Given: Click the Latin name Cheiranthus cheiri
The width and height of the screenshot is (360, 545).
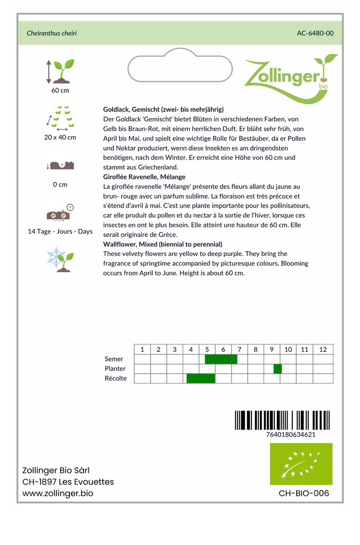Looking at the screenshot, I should tap(52, 33).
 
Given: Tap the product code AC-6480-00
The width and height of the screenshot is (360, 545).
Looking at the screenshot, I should tap(315, 33).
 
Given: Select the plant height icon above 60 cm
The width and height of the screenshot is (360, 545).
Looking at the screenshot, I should tap(60, 71).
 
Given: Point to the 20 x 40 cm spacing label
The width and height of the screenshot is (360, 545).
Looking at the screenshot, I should tap(60, 137).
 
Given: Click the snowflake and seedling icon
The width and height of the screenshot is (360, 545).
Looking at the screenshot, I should tap(60, 259).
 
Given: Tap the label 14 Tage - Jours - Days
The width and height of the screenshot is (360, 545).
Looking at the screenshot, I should tap(60, 232).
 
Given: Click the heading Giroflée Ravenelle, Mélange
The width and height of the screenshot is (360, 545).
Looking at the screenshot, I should tap(144, 177).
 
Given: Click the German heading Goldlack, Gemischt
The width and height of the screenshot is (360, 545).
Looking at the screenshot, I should tap(163, 109).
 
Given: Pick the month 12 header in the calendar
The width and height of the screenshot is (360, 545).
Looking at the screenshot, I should tap(323, 349).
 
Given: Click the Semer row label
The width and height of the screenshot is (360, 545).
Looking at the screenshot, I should tap(114, 359).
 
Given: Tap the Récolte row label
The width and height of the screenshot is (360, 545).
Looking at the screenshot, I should tap(116, 378).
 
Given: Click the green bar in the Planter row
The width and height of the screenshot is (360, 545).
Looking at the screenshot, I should tap(277, 369).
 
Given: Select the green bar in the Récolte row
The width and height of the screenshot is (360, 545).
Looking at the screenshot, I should tap(201, 378).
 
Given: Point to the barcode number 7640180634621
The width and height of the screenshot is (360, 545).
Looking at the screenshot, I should tap(290, 434).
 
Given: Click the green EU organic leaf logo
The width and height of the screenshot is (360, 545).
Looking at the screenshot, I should tap(301, 464).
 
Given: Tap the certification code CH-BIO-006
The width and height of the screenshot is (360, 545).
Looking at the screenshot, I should tap(304, 493).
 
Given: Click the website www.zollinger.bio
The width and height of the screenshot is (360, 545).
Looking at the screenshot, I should tap(58, 493).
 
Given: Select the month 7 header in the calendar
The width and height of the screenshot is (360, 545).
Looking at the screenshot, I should tap(240, 349).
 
